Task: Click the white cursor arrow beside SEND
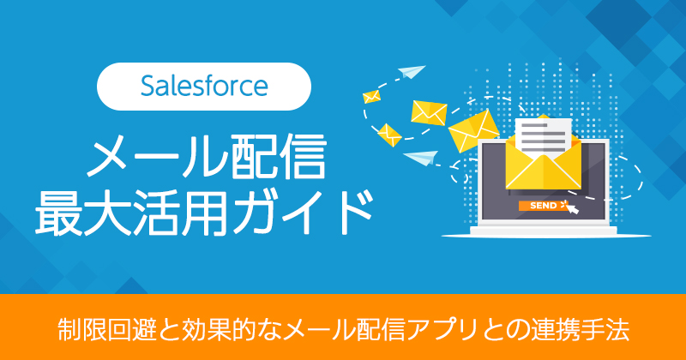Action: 569,207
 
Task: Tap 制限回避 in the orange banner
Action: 99,328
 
